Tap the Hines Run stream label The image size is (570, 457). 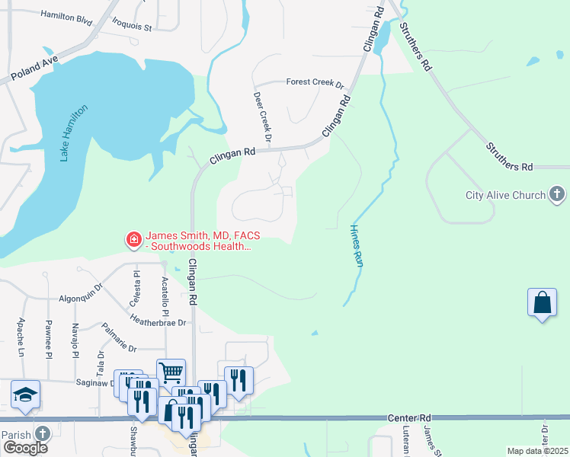click(x=356, y=244)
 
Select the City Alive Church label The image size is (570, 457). click(x=505, y=195)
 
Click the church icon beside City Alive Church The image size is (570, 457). click(x=557, y=194)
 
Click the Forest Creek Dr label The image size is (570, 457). click(x=315, y=82)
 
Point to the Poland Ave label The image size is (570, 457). click(x=34, y=68)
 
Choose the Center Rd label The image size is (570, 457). click(x=409, y=418)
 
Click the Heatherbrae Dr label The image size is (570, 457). click(x=159, y=321)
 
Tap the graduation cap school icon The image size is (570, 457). click(x=25, y=394)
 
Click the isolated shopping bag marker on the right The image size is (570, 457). click(x=542, y=302)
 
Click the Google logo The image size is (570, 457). click(x=25, y=448)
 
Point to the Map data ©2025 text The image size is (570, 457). click(x=537, y=451)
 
